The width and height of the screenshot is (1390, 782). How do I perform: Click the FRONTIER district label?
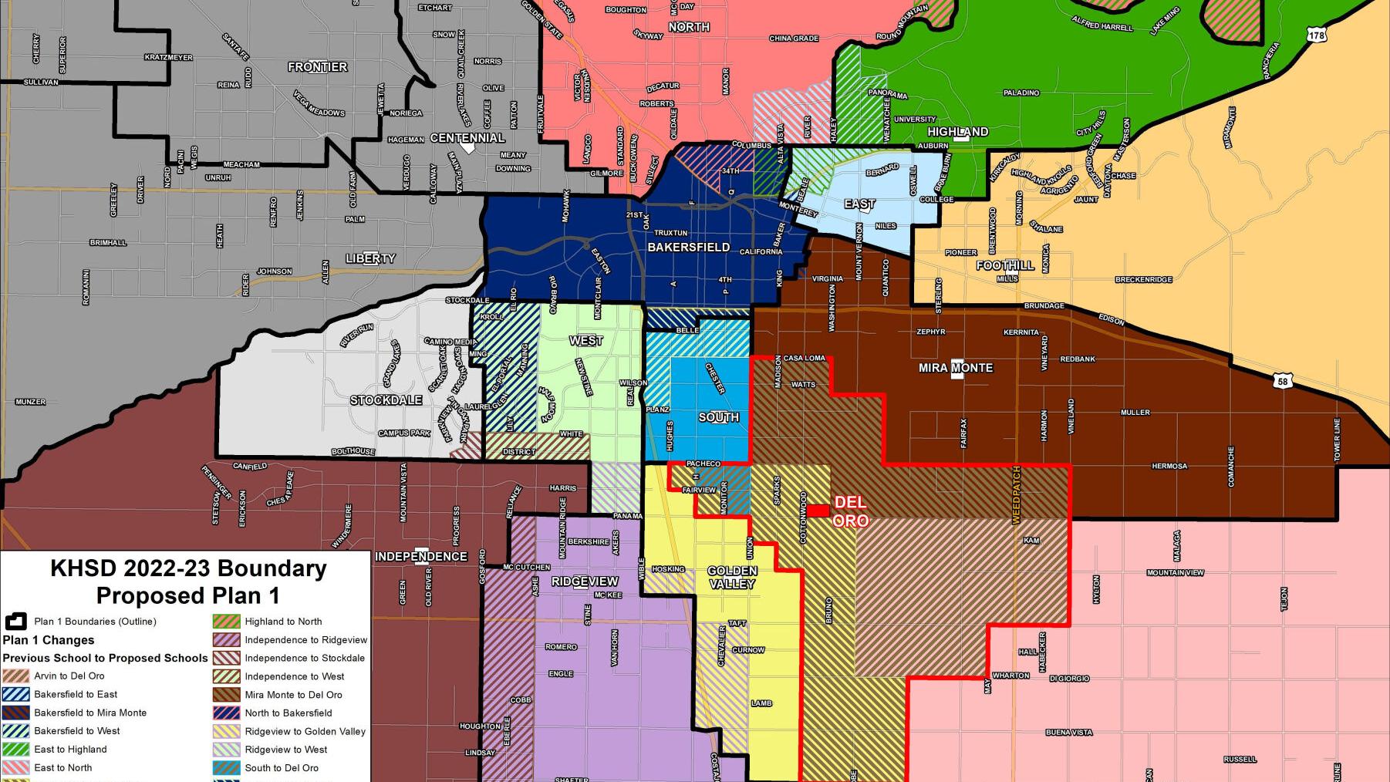click(317, 67)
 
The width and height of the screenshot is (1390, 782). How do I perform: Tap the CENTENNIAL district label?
click(467, 138)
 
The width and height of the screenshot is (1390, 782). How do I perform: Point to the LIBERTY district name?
click(370, 258)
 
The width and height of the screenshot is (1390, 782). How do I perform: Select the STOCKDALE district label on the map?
click(386, 400)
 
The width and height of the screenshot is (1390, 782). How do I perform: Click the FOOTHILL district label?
click(1004, 265)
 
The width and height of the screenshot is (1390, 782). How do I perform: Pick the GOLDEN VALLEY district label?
click(732, 578)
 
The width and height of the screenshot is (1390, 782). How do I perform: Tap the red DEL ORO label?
click(850, 511)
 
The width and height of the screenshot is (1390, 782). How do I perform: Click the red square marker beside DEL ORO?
click(818, 511)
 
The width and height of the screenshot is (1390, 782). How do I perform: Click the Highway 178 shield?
click(1317, 35)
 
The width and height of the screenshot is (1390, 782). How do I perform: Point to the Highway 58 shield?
click(1282, 381)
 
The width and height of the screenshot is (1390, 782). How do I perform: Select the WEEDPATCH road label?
click(1016, 494)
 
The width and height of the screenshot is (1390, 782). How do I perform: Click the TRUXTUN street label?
click(670, 233)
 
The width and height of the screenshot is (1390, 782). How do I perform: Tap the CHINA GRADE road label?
click(794, 38)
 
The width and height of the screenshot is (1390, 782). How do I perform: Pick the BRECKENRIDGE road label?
click(1143, 280)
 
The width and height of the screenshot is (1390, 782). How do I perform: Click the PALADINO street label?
click(1021, 93)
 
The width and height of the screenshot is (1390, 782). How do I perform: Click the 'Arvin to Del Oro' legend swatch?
click(15, 676)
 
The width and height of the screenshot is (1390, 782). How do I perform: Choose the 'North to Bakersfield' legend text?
click(288, 713)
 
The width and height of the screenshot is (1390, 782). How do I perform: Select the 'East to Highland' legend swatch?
click(15, 750)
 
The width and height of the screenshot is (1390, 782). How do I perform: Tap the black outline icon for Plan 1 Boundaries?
click(15, 622)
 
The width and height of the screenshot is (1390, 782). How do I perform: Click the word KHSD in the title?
click(83, 568)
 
